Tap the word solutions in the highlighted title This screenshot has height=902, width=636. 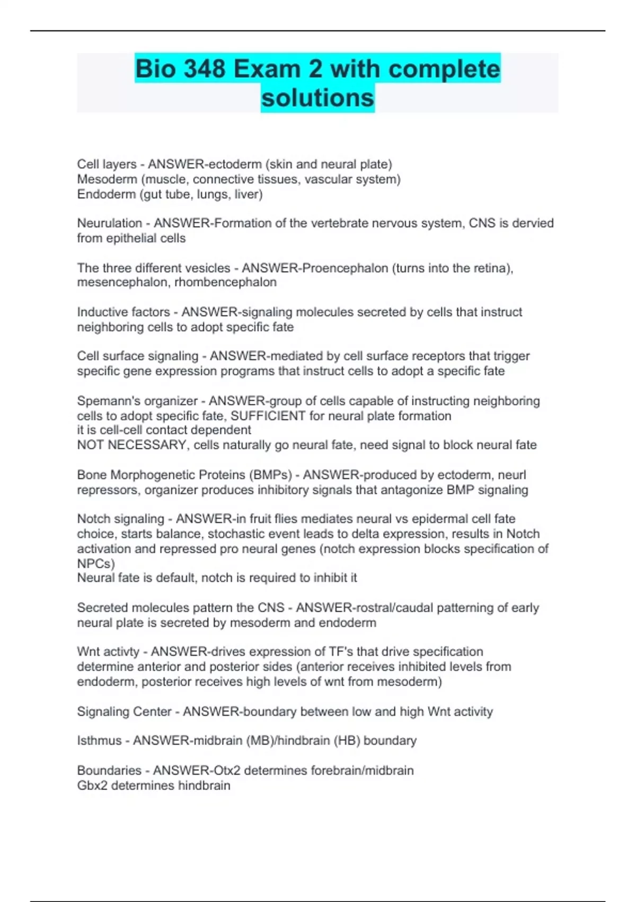(317, 98)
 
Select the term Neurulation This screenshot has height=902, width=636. (110, 223)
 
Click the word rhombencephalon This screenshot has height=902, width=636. (225, 282)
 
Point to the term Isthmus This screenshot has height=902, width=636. (99, 741)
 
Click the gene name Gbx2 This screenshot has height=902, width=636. (93, 785)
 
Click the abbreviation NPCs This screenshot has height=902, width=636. (95, 563)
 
